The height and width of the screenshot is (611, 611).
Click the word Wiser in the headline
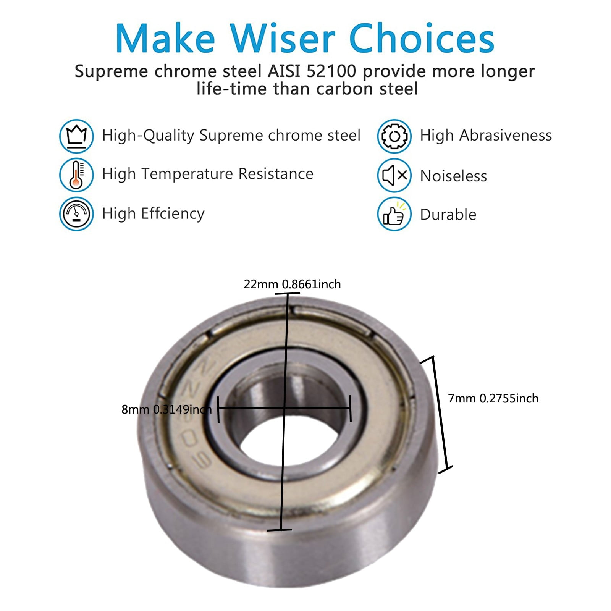(x=283, y=38)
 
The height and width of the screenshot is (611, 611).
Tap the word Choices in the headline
(x=422, y=38)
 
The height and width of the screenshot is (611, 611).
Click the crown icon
(x=76, y=136)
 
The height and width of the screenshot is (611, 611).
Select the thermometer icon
(x=76, y=175)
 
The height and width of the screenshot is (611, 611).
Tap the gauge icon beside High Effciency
(x=76, y=214)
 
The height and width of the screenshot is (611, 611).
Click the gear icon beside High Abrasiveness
(x=394, y=136)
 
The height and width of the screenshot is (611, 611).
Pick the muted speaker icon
(x=394, y=175)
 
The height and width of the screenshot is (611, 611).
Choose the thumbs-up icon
(x=394, y=214)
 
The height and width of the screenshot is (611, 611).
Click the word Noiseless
(x=454, y=176)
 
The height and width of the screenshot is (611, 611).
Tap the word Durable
(x=448, y=215)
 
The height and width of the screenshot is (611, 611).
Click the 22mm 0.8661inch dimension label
(x=292, y=284)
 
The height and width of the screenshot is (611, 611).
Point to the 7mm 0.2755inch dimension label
(x=493, y=398)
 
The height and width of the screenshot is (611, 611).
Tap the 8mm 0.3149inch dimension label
(x=166, y=409)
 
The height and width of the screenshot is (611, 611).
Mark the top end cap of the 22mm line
(x=287, y=293)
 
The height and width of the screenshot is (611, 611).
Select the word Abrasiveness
(x=506, y=135)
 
